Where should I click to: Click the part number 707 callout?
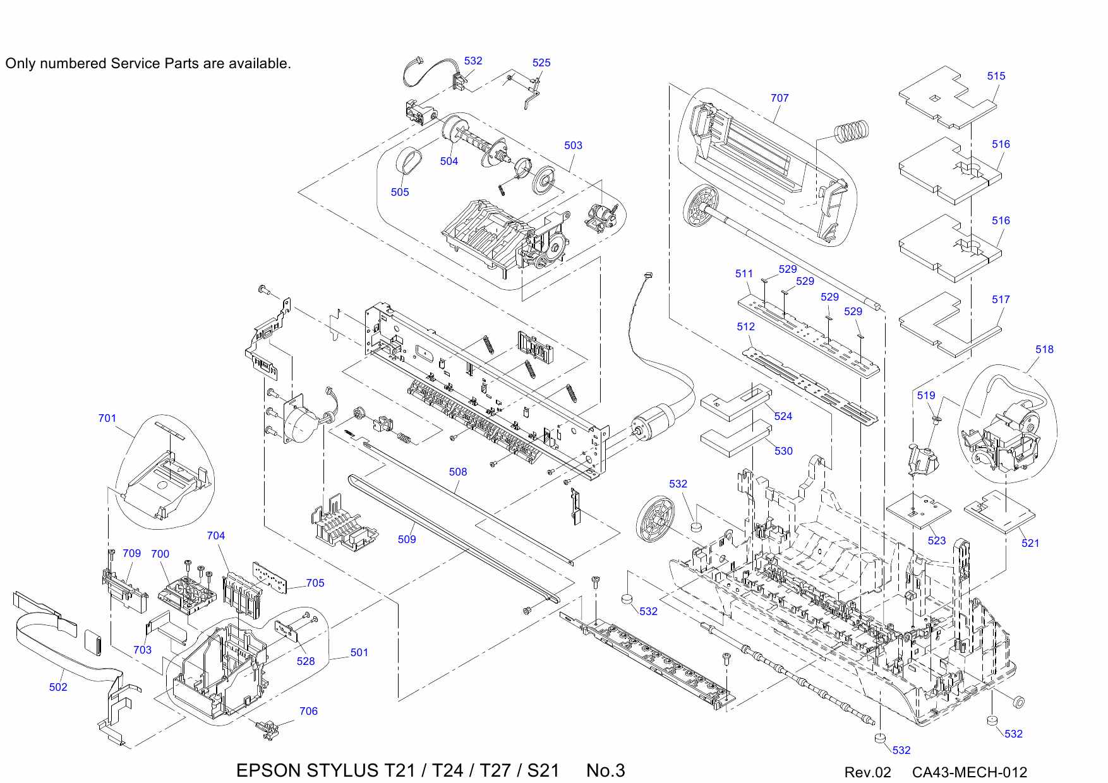tap(780, 98)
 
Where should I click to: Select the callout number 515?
tap(996, 76)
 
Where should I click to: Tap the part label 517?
tap(1001, 299)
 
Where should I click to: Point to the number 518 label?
tap(1044, 349)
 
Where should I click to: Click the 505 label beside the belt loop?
tap(400, 192)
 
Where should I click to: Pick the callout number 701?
tap(107, 418)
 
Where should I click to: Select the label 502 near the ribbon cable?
tap(58, 687)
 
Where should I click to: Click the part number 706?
tap(308, 711)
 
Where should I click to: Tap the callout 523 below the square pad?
tap(937, 541)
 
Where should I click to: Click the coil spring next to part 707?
tap(852, 131)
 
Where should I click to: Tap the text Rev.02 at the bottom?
tap(867, 772)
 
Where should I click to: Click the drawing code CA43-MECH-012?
tap(969, 772)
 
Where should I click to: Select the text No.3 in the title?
tap(605, 770)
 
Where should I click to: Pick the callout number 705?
tap(315, 583)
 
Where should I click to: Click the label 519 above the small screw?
tap(926, 395)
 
